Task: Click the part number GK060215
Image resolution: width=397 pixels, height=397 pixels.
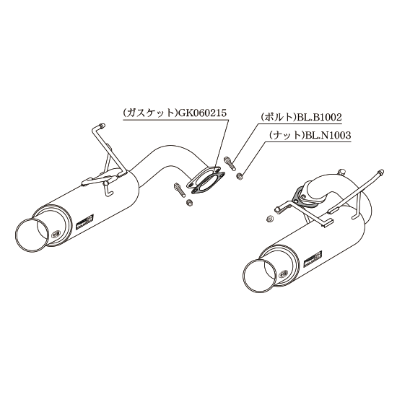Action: pyautogui.click(x=203, y=113)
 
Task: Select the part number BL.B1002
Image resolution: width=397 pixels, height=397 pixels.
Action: pyautogui.click(x=320, y=118)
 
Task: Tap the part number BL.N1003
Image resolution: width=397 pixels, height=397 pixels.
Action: pyautogui.click(x=328, y=136)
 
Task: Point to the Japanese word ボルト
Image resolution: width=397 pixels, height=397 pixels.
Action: pyautogui.click(x=280, y=118)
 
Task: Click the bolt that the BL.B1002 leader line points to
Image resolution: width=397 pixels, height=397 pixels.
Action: pyautogui.click(x=230, y=164)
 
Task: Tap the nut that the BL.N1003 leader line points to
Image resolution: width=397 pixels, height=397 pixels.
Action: pyautogui.click(x=239, y=175)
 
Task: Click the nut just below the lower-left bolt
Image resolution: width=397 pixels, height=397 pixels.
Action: pyautogui.click(x=189, y=203)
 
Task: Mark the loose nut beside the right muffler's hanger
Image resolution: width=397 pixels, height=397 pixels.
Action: pyautogui.click(x=271, y=219)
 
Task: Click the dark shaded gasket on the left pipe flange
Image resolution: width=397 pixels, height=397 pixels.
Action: pyautogui.click(x=205, y=181)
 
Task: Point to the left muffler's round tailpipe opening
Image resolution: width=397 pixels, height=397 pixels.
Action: pyautogui.click(x=32, y=235)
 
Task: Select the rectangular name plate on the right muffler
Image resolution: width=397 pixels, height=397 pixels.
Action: pyautogui.click(x=313, y=259)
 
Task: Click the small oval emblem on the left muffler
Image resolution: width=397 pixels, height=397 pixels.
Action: pyautogui.click(x=55, y=235)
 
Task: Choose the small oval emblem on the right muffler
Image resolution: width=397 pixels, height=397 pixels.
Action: pyautogui.click(x=282, y=274)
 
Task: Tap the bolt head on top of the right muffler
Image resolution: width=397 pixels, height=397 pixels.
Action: pyautogui.click(x=341, y=172)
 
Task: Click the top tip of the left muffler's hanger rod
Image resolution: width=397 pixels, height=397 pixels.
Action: pyautogui.click(x=102, y=125)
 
